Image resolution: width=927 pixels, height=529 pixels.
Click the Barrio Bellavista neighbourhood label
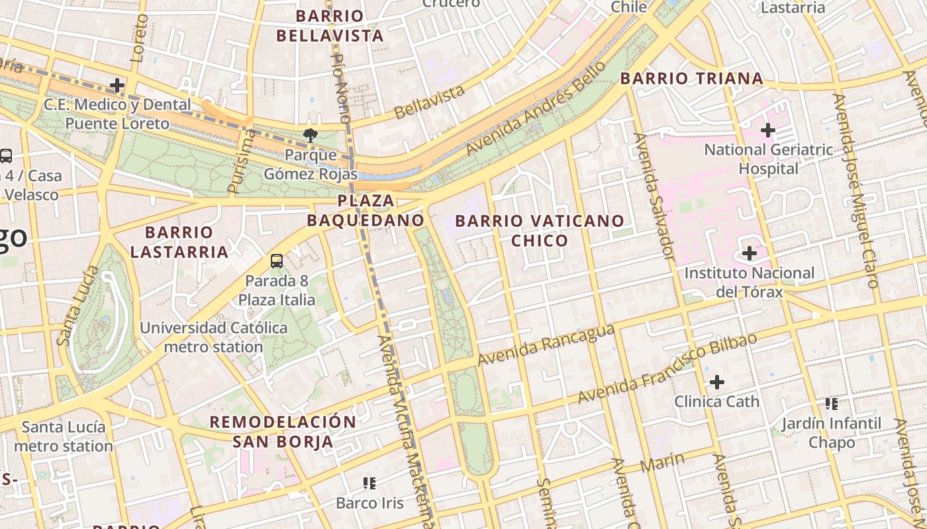pyautogui.click(x=330, y=26)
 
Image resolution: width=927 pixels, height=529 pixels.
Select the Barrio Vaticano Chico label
pyautogui.click(x=540, y=230)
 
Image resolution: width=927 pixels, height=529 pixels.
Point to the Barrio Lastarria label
pyautogui.click(x=179, y=242)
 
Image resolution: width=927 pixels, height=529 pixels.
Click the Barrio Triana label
pyautogui.click(x=691, y=79)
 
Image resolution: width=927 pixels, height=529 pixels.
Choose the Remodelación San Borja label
pyautogui.click(x=283, y=432)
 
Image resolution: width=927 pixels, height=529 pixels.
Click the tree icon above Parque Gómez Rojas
pyautogui.click(x=309, y=136)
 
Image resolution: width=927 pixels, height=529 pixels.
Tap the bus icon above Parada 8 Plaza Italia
pyautogui.click(x=277, y=261)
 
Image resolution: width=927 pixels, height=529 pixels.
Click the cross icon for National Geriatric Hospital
pyautogui.click(x=768, y=130)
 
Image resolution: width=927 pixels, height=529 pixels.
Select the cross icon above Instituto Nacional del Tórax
pyautogui.click(x=750, y=253)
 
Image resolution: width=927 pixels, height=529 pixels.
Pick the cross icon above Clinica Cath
pyautogui.click(x=717, y=382)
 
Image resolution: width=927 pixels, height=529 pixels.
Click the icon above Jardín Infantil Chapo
pyautogui.click(x=832, y=403)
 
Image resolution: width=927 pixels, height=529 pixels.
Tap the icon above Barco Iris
pyautogui.click(x=369, y=483)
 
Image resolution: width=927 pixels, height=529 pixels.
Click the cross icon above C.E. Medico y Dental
pyautogui.click(x=117, y=85)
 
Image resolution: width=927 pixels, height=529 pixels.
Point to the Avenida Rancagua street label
pyautogui.click(x=546, y=345)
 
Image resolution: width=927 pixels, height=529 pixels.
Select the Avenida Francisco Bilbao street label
pyautogui.click(x=667, y=369)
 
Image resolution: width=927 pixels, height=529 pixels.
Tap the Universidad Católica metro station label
pyautogui.click(x=213, y=337)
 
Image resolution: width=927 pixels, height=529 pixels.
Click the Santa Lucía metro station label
pyautogui.click(x=64, y=436)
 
